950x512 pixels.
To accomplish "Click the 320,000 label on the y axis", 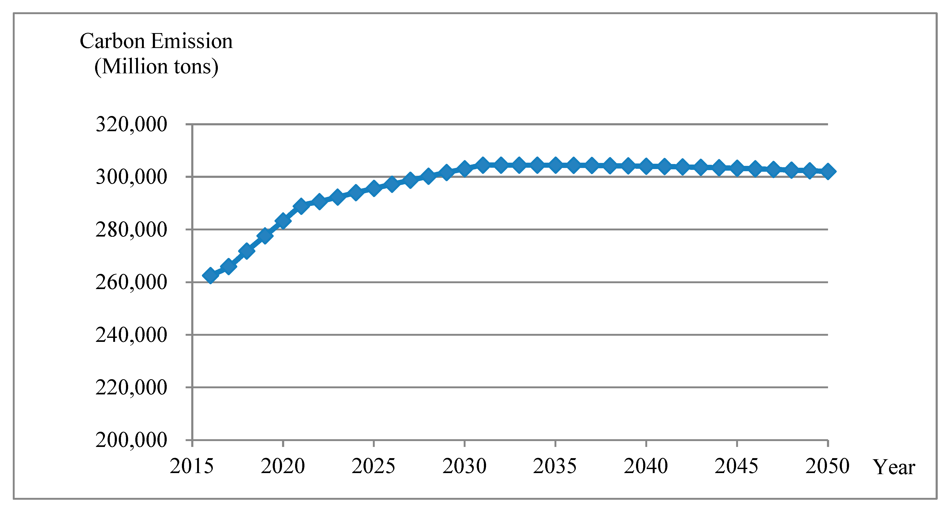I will point(131,125).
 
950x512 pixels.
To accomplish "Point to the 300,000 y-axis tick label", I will point(131,177).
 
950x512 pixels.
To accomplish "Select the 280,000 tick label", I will point(131,230).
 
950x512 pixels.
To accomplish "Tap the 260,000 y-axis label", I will point(131,282).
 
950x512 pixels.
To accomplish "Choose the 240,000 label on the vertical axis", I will point(131,335).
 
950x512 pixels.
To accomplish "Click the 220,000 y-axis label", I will point(131,387).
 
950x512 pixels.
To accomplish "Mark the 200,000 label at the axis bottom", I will point(131,440).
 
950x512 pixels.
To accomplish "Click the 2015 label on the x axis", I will point(192,466).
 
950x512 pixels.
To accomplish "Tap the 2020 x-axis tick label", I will point(283,466).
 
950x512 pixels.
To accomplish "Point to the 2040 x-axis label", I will point(646,466).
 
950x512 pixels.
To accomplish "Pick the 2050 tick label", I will point(827,466).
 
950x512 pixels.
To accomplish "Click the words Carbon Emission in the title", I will point(156,41).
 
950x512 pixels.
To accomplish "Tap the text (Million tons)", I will point(156,67).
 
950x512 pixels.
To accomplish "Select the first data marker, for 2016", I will point(210,275).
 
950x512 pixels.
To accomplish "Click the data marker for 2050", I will point(828,172).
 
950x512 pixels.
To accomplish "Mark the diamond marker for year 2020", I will point(283,221).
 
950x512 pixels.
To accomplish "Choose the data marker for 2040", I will point(646,166).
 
